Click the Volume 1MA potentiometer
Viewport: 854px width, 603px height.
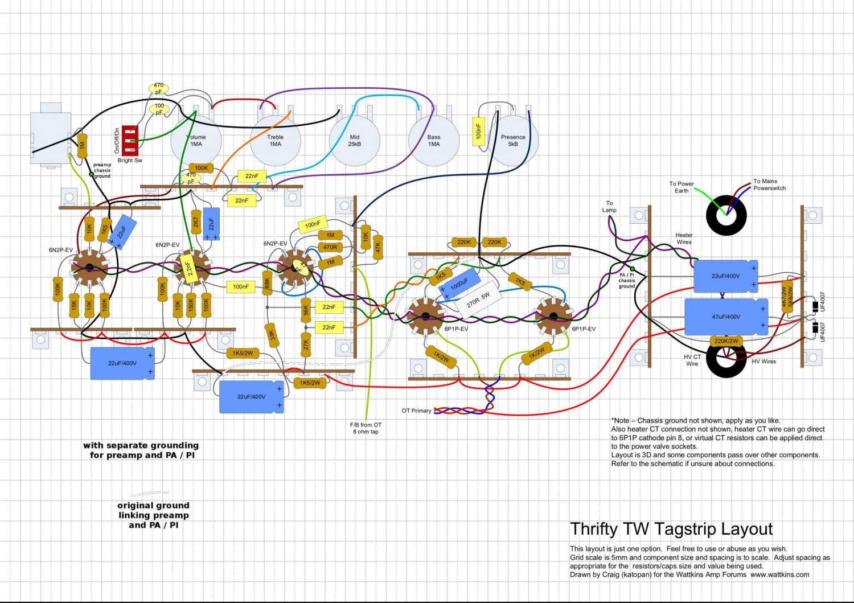pos(196,141)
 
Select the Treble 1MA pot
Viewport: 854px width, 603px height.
pos(275,141)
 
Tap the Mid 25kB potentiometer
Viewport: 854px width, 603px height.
pos(354,141)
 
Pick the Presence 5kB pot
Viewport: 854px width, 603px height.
pos(513,141)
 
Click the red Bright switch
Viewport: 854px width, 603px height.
pos(129,140)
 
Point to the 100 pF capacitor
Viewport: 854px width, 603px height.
pos(159,109)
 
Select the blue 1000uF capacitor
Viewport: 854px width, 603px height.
pos(459,283)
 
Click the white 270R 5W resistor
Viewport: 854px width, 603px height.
pos(478,300)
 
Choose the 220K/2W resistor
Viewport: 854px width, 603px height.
pos(726,341)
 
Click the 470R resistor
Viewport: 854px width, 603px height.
pos(330,247)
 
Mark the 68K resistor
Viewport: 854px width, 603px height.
pos(266,282)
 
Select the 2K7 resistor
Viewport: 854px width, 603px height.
pos(195,221)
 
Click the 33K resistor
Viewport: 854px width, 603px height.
pos(272,335)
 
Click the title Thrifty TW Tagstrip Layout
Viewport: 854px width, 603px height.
pos(671,529)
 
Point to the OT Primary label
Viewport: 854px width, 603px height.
pos(416,411)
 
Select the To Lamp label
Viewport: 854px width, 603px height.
pos(609,206)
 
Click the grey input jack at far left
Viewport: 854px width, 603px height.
pos(50,138)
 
